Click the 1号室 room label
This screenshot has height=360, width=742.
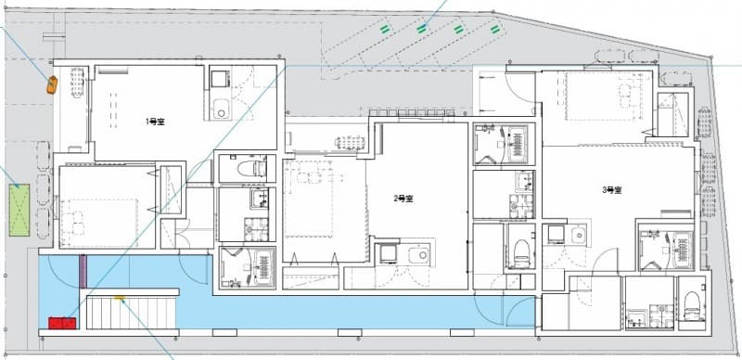155,122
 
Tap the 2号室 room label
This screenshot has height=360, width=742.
403,199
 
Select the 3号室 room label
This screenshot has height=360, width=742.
611,190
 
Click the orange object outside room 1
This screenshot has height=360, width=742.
52,84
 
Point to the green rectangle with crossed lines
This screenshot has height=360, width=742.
19,210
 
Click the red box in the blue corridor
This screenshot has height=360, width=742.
62,323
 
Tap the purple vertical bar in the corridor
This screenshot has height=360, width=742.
83,272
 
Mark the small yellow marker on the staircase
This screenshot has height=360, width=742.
120,299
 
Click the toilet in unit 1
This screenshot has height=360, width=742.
251,168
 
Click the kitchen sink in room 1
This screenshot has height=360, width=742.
221,109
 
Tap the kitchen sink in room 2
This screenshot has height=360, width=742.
418,255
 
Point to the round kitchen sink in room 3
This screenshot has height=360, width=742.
578,234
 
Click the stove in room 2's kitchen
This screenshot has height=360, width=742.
389,254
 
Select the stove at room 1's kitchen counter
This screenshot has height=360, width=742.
220,79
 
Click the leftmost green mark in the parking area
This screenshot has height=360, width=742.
386,30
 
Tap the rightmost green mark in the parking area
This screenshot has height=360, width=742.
495,30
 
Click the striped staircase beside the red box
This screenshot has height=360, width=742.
132,313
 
